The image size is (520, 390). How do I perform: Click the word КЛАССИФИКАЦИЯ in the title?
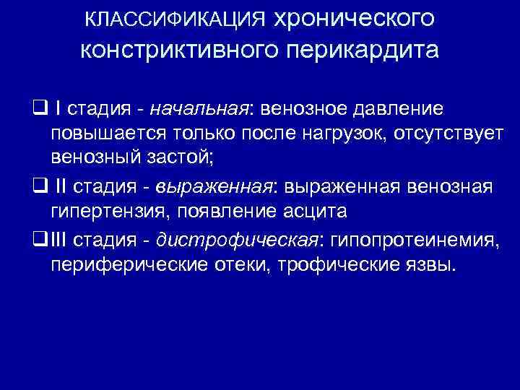click(x=175, y=19)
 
